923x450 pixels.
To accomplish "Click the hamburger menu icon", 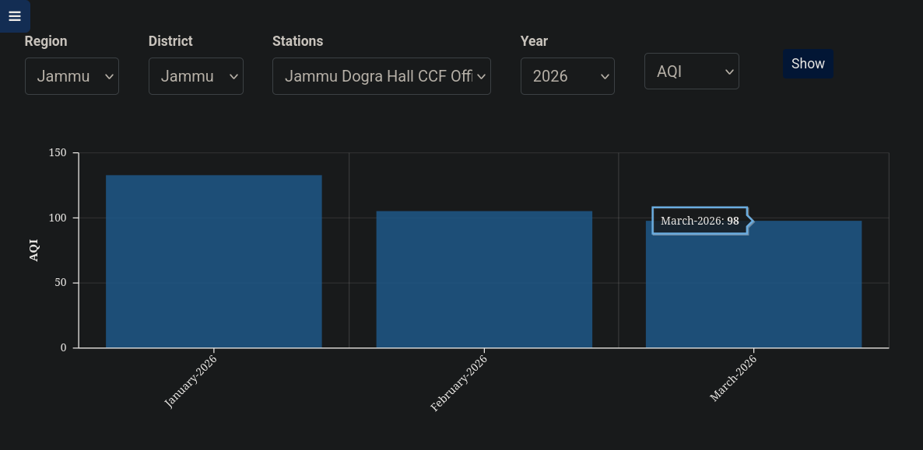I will tap(14, 16).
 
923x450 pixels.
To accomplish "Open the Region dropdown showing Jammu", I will tap(72, 76).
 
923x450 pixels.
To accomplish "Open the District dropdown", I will tap(195, 76).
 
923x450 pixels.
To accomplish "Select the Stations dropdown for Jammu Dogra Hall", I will tap(381, 76).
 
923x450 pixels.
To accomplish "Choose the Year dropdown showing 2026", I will tap(567, 76).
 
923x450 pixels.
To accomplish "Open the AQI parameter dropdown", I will tap(691, 72).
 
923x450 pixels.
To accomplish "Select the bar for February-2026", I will tap(484, 280).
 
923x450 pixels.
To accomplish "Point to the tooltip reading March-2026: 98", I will tap(700, 221).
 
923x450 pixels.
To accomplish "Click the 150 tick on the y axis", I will tap(58, 153).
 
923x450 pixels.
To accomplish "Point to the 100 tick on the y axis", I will tap(58, 218).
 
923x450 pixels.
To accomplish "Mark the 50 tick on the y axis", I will tap(61, 283).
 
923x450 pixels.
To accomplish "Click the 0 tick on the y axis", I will tap(64, 347).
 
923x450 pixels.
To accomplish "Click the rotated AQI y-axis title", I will tap(33, 250).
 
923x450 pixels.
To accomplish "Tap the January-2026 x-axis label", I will tap(191, 380).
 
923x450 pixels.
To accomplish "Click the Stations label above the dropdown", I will tap(297, 41).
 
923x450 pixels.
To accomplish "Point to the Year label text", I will tap(534, 41).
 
